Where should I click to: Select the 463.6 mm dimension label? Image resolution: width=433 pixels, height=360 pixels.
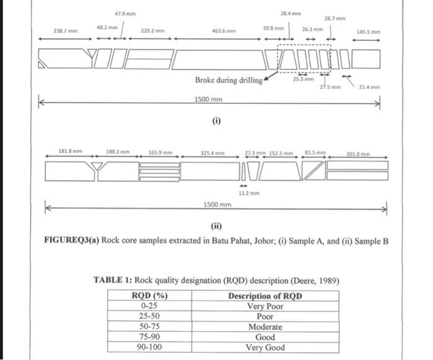pos(223,30)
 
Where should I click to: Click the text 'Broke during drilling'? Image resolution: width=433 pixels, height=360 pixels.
pos(228,80)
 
